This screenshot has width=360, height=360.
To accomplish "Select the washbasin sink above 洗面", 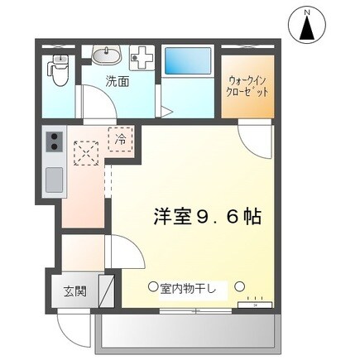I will point(105,56).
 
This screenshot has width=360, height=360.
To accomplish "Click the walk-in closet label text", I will point(247,86).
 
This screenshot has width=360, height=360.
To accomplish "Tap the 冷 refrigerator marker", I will point(120,141).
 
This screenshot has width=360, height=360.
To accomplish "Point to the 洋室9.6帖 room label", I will point(206,218).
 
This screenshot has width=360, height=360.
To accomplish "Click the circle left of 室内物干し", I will point(152,287).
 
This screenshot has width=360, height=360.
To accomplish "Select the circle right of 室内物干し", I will point(239,287).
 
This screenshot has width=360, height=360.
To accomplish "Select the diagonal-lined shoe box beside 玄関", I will point(106,290).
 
